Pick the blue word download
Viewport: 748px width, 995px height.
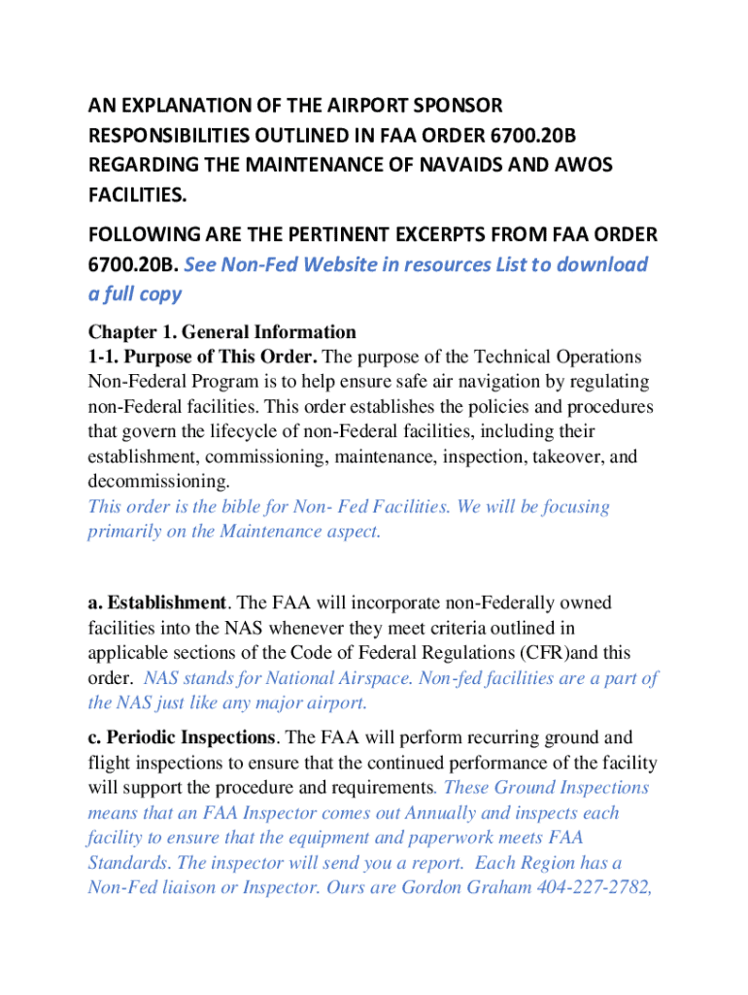click(595, 264)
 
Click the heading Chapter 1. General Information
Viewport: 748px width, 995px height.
click(222, 331)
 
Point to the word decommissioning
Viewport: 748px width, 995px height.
click(159, 481)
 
